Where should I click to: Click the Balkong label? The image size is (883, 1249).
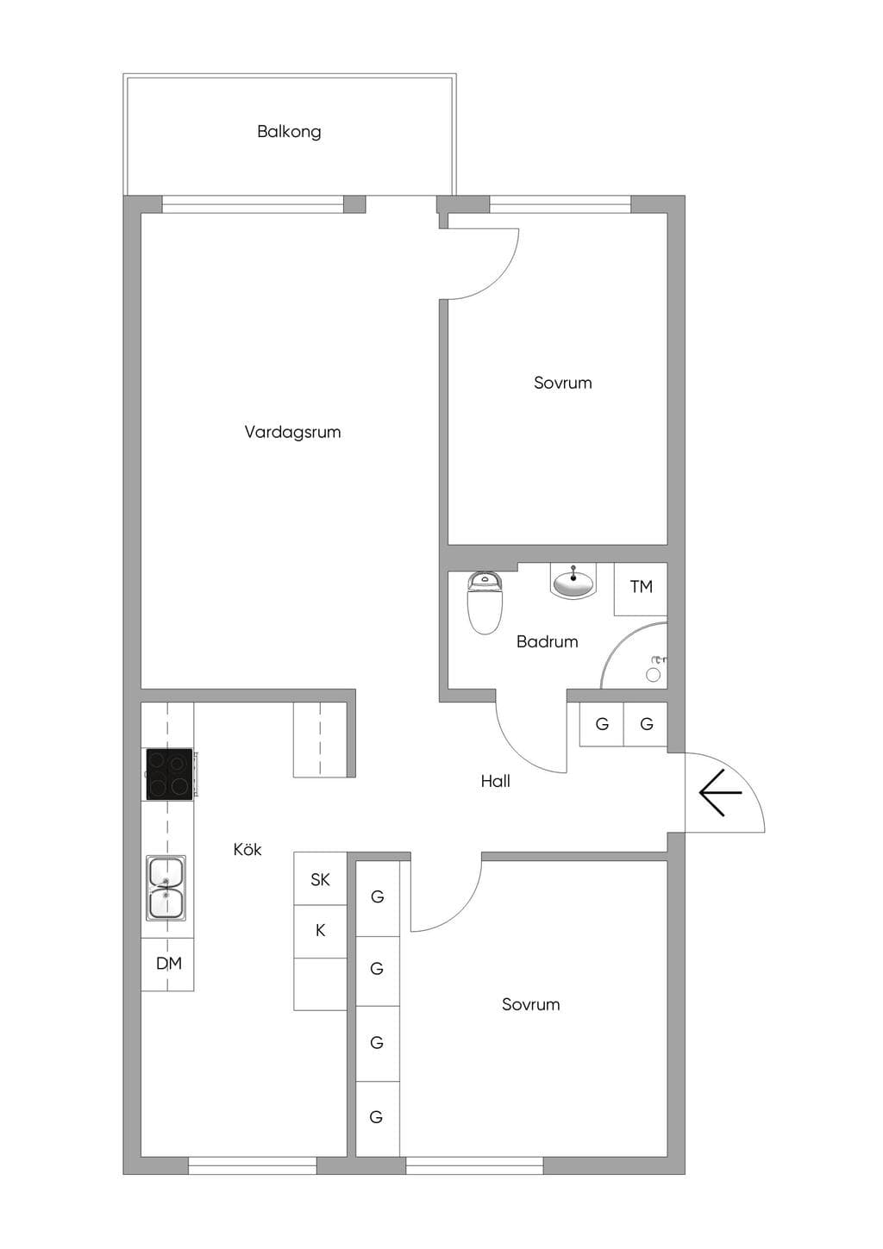(x=289, y=132)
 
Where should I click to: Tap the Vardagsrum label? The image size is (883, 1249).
(x=292, y=432)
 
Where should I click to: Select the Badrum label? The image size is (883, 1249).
(x=547, y=642)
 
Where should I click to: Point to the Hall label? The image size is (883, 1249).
(x=495, y=781)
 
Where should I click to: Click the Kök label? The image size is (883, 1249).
(x=247, y=849)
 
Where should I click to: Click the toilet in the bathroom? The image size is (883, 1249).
(x=485, y=603)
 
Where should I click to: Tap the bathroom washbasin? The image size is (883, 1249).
(x=573, y=582)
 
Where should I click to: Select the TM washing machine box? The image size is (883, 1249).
(x=641, y=589)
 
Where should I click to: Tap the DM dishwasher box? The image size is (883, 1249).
(x=167, y=964)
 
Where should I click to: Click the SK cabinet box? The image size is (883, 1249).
(x=320, y=878)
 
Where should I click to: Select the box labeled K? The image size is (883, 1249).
(x=320, y=931)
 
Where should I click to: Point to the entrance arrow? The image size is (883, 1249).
(x=720, y=792)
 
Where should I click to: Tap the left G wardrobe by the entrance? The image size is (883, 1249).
(x=601, y=724)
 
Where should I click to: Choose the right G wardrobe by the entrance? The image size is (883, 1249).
(x=646, y=724)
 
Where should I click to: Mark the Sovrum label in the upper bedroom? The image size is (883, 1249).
(x=562, y=383)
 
